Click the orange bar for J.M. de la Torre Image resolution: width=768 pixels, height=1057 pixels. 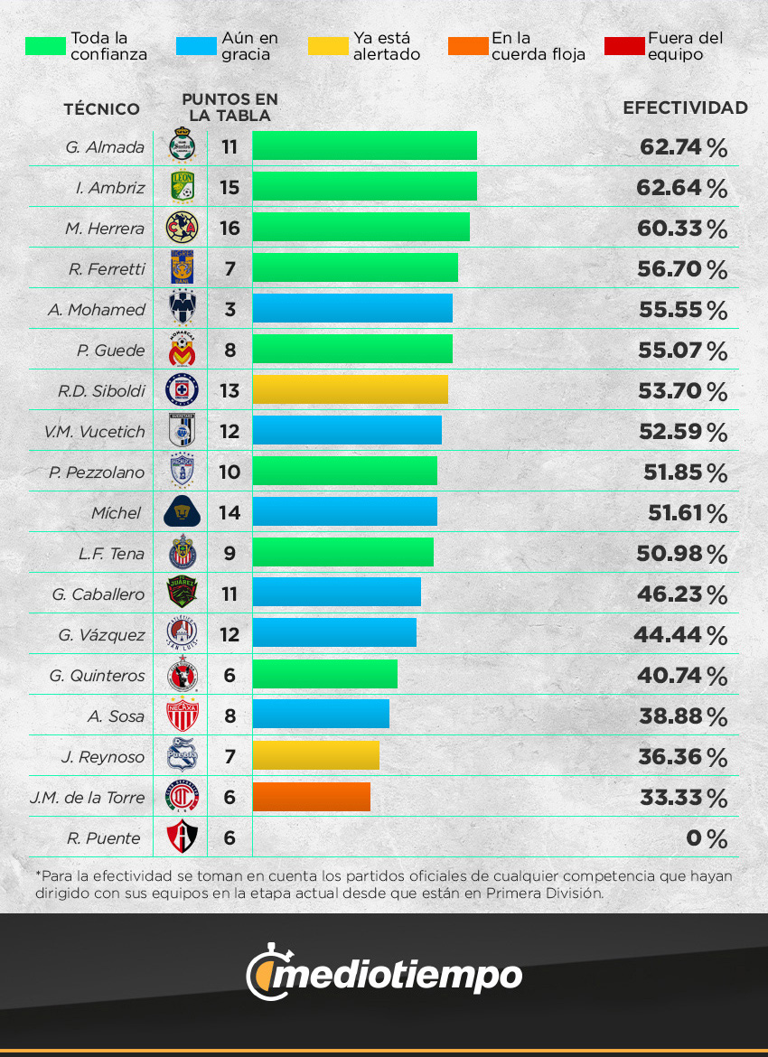coord(311,797)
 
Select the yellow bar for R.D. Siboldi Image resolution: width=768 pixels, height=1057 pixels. coord(350,390)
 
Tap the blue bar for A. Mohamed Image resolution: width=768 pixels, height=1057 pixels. coord(352,309)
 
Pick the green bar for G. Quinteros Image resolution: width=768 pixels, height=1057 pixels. coord(324,675)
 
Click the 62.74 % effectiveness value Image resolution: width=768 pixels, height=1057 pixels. coord(683,147)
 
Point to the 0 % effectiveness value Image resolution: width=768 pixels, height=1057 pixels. coord(707,838)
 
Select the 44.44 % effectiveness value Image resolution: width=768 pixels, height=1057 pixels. coord(680,635)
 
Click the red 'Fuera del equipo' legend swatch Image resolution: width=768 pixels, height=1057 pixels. coord(623,46)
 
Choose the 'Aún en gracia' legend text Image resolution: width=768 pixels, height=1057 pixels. coord(249,46)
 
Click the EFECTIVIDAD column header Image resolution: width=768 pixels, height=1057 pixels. coord(685,108)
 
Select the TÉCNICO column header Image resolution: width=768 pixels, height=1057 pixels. coord(102,109)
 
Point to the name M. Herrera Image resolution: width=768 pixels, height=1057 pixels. coord(105,229)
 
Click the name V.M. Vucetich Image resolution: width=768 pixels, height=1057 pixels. coord(94,432)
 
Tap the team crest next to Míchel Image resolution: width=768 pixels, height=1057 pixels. coord(182,513)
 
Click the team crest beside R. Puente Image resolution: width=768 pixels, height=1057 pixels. coord(182,837)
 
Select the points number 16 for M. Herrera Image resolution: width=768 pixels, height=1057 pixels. coord(229,228)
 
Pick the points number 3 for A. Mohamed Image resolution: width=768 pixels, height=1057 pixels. coord(230,309)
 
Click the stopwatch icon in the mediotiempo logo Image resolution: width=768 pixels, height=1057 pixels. coord(266,972)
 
